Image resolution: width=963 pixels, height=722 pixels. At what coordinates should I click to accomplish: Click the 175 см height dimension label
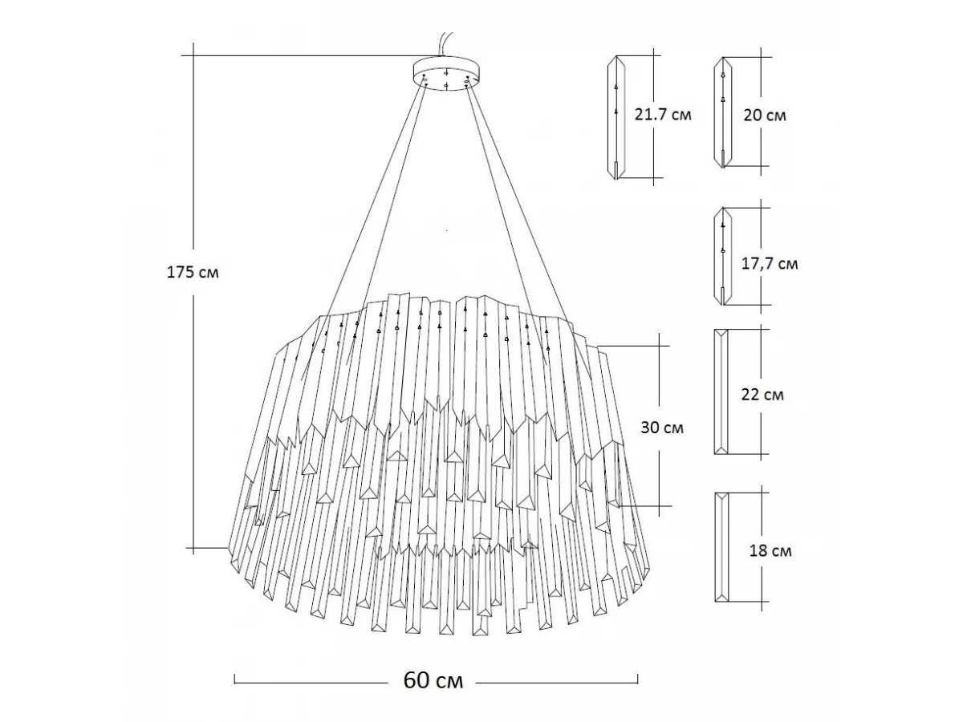pos(193,272)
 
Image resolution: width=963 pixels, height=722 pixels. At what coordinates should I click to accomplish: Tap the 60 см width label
pos(433,680)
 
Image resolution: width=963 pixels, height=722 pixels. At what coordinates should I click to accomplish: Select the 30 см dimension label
pos(661,427)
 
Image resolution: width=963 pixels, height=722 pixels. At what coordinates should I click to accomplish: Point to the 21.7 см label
pos(663,115)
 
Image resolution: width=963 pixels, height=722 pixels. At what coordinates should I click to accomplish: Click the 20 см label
pos(765,116)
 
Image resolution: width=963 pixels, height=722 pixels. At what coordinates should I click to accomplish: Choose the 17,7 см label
pos(770,263)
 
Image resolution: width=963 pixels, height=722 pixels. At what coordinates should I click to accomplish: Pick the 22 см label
pos(762,395)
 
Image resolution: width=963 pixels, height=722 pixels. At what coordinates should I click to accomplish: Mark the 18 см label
pos(770,550)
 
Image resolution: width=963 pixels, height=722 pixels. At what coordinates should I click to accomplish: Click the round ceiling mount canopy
pos(447,74)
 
